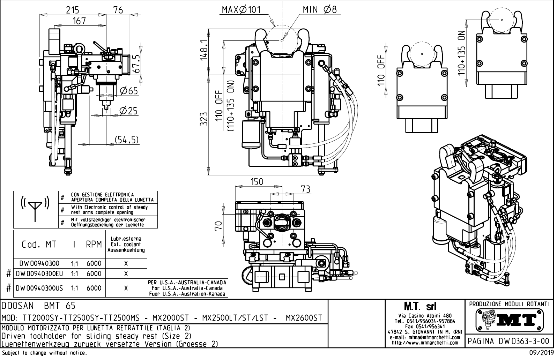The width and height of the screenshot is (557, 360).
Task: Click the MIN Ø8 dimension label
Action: [319, 9]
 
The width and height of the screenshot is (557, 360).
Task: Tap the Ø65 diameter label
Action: [128, 91]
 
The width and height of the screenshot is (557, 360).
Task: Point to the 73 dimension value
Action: [305, 189]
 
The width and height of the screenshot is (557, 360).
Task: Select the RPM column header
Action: [94, 245]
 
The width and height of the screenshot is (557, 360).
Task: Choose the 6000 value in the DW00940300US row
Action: [94, 288]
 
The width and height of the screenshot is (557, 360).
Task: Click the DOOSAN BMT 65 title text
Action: [38, 306]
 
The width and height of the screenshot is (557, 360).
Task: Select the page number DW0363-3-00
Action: [510, 341]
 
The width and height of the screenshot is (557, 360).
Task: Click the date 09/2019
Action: [541, 353]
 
